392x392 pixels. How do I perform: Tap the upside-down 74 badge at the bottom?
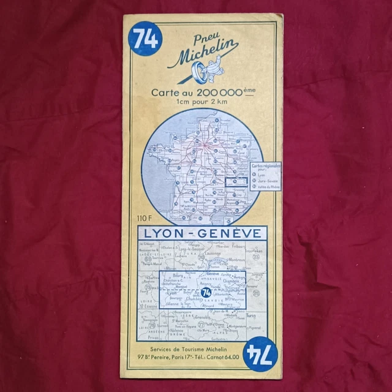click(x=260, y=353)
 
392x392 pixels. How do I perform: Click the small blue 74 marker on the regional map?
click(x=206, y=293)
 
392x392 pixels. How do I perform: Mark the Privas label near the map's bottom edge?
click(x=153, y=337)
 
